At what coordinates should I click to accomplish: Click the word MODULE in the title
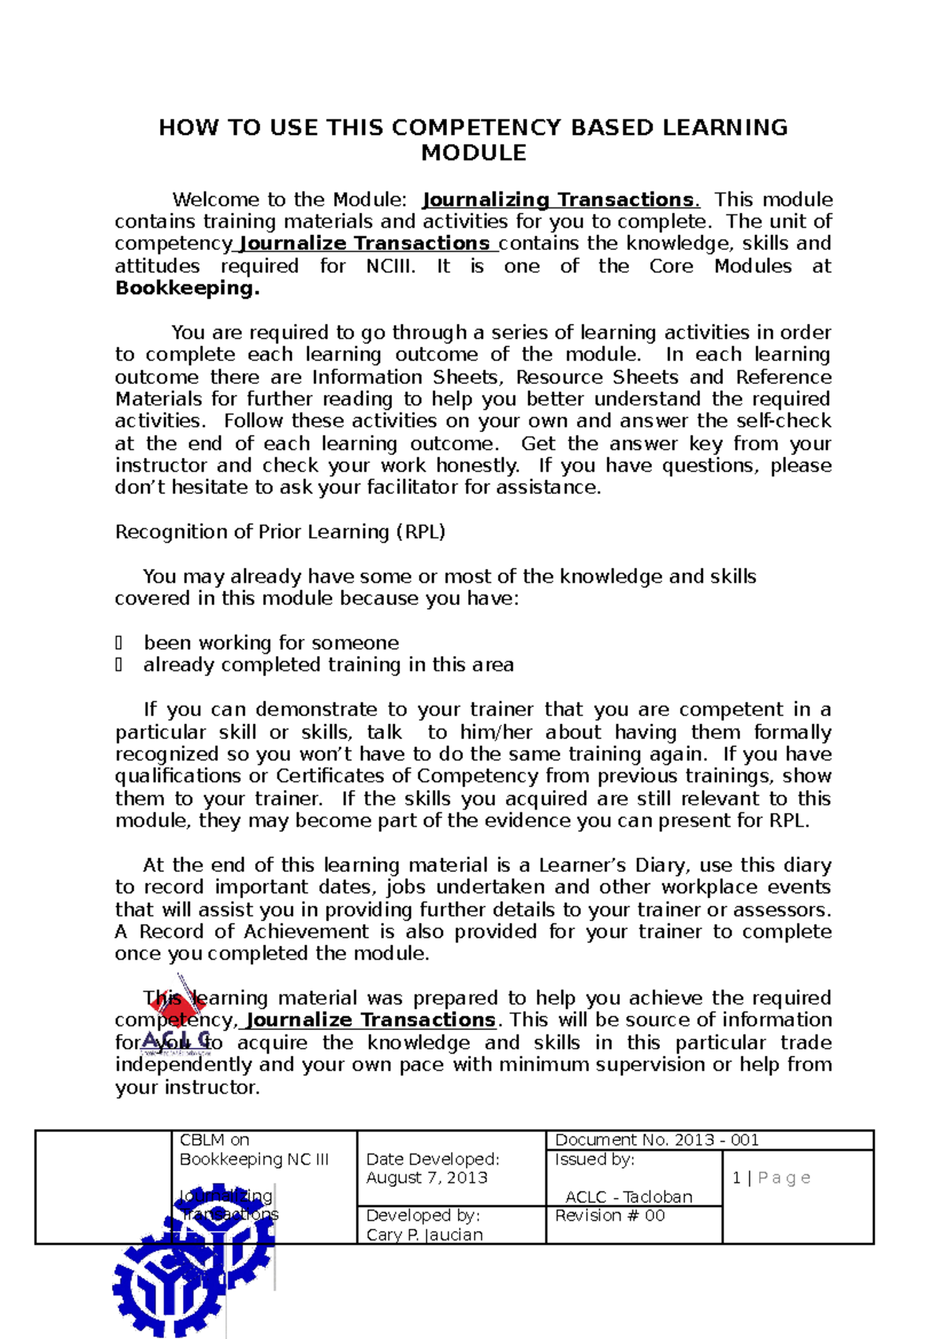pos(473,153)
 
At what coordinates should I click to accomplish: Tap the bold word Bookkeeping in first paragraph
pos(187,288)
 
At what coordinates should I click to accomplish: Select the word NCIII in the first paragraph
pos(390,267)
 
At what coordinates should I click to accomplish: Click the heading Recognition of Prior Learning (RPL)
pos(280,531)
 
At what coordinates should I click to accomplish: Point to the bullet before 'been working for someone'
pos(119,643)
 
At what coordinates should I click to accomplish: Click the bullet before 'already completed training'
pos(119,665)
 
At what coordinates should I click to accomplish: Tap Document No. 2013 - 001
pos(657,1139)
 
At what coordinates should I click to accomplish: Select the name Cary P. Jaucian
pos(424,1235)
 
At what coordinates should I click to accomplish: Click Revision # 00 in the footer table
pos(609,1215)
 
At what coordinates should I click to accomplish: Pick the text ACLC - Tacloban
pos(628,1196)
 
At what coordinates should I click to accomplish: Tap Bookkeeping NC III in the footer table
pos(254,1159)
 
